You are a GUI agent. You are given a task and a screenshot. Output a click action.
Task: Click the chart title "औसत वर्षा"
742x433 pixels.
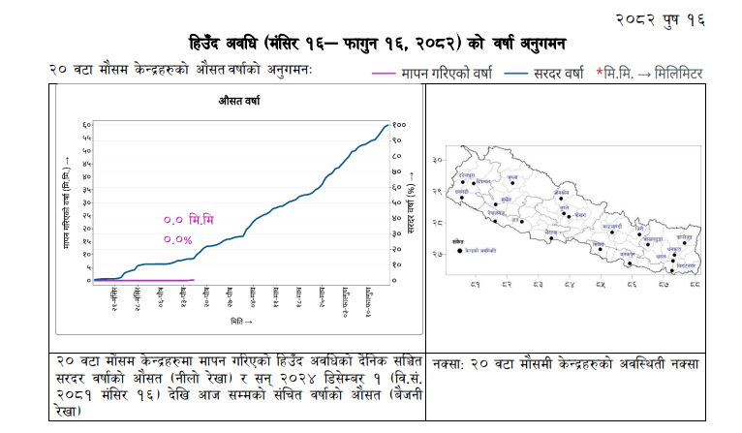pos(238,100)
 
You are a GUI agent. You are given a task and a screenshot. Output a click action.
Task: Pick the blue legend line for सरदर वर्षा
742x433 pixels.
pos(510,74)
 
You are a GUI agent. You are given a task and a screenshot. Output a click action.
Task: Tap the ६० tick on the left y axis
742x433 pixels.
pos(86,125)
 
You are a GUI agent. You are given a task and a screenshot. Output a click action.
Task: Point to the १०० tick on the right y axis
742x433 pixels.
pos(399,125)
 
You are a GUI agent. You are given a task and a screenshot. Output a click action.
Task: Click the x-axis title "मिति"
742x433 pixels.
pos(243,321)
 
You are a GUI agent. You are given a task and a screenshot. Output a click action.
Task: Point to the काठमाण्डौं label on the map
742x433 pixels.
pos(611,226)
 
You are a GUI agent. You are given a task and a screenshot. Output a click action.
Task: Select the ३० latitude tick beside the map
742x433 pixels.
pos(437,159)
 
